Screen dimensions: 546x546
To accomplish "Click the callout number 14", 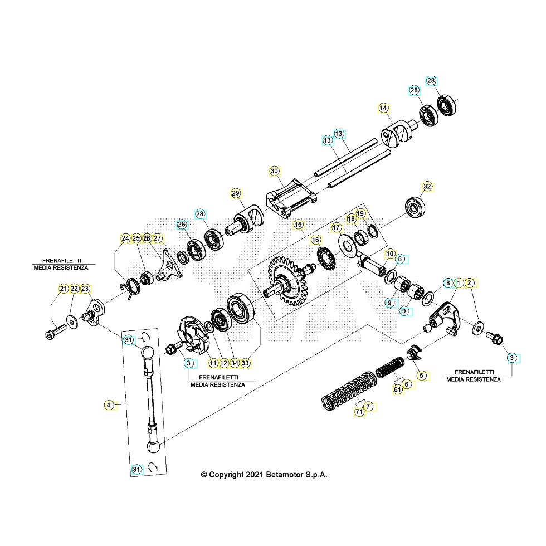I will pos(383,108).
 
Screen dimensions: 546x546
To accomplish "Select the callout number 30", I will pos(274,171).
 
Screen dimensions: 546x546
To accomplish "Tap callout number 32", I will pos(427,186).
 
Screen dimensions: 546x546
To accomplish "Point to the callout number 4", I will pos(109,405).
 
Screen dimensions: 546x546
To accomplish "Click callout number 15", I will pos(298,225).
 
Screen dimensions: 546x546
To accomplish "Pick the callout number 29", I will pos(236,193).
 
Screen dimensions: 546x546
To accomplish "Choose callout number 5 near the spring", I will pos(421,376).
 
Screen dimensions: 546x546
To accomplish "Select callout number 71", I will pos(359,412).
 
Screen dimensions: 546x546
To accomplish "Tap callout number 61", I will pos(397,390).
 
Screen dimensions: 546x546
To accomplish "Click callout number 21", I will pos(63,289).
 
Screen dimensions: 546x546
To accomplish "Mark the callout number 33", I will pos(245,363).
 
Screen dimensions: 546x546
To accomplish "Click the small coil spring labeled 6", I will pos(389,368).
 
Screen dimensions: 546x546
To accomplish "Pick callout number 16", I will pos(316,240).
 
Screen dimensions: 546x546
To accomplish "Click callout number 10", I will pos(389,253).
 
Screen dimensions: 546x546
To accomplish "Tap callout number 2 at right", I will pos(470,283).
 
